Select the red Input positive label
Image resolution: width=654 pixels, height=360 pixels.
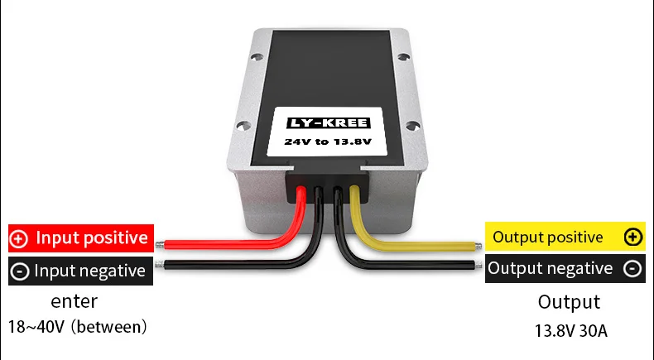(80, 238)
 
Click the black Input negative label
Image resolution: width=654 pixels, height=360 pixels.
(80, 271)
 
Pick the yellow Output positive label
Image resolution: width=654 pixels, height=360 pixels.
(565, 238)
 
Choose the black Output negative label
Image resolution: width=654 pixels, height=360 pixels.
(565, 268)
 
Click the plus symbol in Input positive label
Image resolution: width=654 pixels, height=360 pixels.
(19, 239)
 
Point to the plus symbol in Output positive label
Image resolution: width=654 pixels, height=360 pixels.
(633, 238)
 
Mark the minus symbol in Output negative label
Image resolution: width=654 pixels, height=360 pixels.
(632, 269)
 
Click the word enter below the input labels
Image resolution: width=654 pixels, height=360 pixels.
(75, 301)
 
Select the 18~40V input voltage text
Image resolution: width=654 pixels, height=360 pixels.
(78, 327)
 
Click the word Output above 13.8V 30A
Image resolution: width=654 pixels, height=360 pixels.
(570, 302)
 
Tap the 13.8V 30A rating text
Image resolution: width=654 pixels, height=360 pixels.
(571, 332)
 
